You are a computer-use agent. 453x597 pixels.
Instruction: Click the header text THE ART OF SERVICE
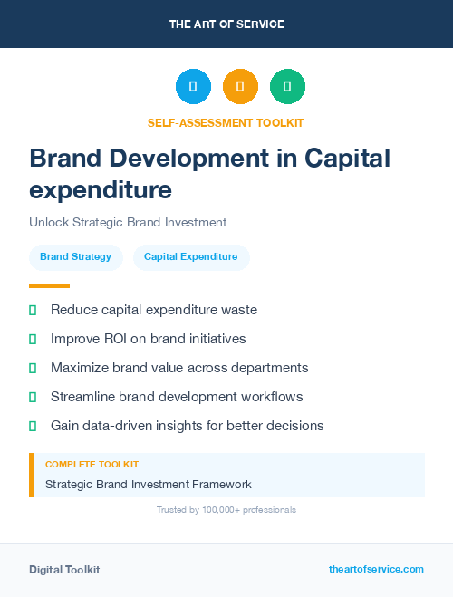click(226, 24)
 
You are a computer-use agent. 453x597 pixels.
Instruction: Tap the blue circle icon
click(193, 86)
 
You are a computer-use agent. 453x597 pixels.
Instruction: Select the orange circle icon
click(240, 86)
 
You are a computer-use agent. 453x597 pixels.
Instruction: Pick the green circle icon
click(287, 86)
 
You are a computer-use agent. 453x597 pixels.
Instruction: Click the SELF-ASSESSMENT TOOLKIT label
click(226, 122)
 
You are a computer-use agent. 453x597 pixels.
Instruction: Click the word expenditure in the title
click(101, 190)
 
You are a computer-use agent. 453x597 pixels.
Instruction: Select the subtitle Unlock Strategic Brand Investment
click(128, 222)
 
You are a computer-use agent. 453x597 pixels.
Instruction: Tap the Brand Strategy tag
click(75, 257)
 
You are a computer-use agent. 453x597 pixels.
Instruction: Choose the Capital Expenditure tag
click(190, 257)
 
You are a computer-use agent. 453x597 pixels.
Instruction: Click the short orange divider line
click(49, 286)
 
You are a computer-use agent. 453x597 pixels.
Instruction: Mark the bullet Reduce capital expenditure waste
click(154, 310)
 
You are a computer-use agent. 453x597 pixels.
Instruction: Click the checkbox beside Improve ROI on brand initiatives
click(33, 339)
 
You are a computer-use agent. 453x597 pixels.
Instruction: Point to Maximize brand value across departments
click(179, 368)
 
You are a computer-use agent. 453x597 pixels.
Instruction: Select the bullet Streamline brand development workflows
click(177, 397)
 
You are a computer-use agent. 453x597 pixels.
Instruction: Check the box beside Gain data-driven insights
click(33, 426)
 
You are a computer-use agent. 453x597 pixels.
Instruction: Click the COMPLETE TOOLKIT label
click(92, 464)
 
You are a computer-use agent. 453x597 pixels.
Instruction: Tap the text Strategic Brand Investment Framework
click(149, 485)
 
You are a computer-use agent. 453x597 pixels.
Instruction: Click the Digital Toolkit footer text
click(64, 570)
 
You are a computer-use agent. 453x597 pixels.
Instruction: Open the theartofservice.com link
click(376, 569)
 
